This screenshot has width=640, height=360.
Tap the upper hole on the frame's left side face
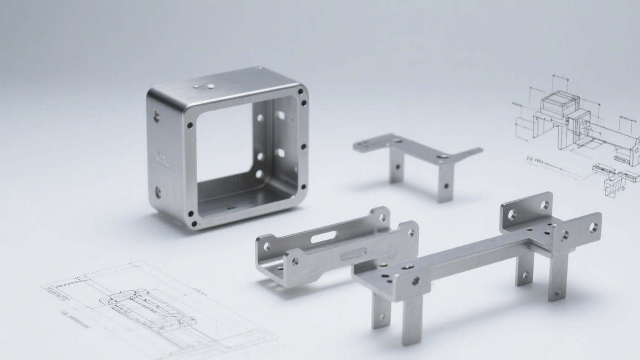[157, 116]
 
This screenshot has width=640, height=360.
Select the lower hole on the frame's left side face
[158, 192]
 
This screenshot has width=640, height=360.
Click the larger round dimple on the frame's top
[211, 86]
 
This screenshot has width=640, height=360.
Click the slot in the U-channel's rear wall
[322, 238]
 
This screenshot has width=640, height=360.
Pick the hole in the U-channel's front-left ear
[295, 262]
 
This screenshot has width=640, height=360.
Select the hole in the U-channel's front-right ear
[411, 232]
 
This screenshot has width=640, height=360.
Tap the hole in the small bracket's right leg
[446, 186]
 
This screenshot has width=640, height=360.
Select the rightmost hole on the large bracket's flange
[594, 227]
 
